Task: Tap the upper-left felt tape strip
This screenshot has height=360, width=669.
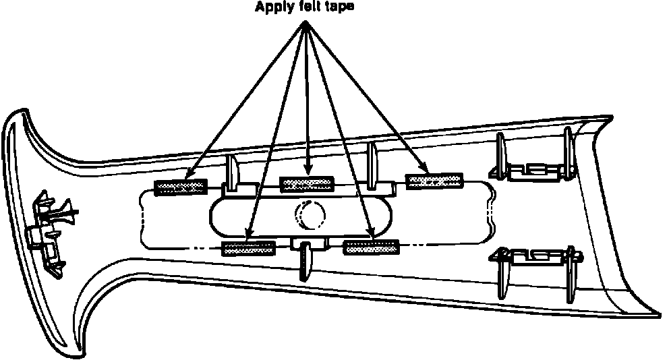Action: coord(180,187)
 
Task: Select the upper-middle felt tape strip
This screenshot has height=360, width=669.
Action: coord(307,183)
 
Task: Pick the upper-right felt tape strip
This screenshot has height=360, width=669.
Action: coord(436,180)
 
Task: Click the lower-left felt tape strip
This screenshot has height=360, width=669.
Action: coord(249,248)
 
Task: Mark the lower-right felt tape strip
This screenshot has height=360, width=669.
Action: coord(370,247)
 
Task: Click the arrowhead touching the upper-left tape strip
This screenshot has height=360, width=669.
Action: coord(188,177)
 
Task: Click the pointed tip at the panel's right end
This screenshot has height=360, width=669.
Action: coord(658,313)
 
